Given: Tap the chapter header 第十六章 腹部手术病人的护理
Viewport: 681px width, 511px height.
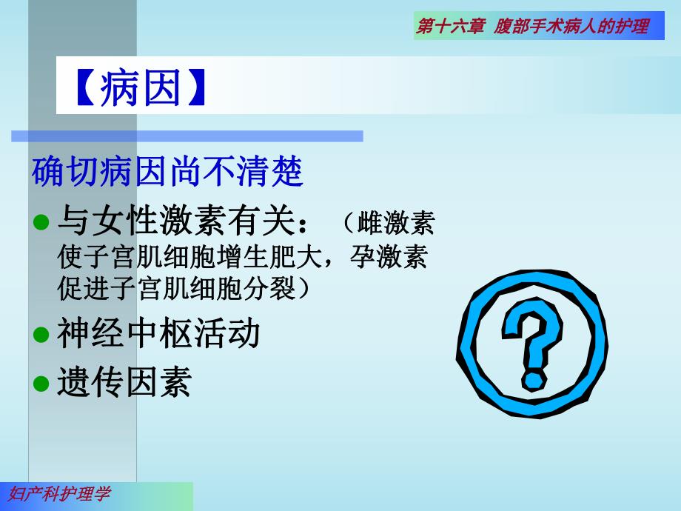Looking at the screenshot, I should [x=532, y=27].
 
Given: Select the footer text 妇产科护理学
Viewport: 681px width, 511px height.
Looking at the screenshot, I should [x=60, y=495].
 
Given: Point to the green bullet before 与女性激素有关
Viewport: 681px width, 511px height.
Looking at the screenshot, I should [x=41, y=222].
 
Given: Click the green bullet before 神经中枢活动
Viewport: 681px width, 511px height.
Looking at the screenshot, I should [x=41, y=334].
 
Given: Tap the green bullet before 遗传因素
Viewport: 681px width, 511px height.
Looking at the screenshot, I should [x=41, y=383].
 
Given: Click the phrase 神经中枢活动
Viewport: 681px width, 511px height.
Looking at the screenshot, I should [x=158, y=333].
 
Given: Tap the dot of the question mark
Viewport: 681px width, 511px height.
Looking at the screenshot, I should [x=531, y=381].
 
